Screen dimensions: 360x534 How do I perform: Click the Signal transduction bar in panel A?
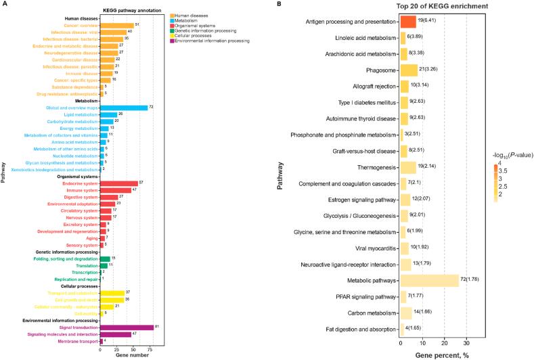pyautogui.click(x=127, y=327)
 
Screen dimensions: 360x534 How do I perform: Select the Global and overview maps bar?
pyautogui.click(x=123, y=108)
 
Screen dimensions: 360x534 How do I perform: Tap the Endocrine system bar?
pyautogui.click(x=118, y=183)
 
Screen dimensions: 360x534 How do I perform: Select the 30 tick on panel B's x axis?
pyautogui.click(x=467, y=342)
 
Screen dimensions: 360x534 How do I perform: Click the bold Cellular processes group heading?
pyautogui.click(x=79, y=286)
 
